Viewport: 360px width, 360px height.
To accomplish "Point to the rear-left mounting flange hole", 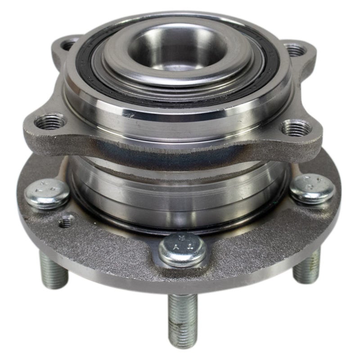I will [69, 45].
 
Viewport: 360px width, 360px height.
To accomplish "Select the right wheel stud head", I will [312, 189].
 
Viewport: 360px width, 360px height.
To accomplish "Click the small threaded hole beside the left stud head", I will [67, 220].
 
